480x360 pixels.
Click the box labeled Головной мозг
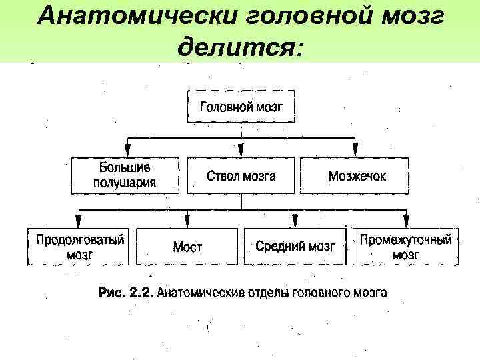pos(241,106)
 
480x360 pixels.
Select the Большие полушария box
pos(125,175)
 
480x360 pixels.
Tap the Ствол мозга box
pos(241,175)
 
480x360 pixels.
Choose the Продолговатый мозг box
pos(80,247)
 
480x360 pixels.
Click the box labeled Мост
pos(187,247)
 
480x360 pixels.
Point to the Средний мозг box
pos(295,247)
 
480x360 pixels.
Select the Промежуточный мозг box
pos(405,247)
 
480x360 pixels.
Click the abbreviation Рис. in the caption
pos(112,292)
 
